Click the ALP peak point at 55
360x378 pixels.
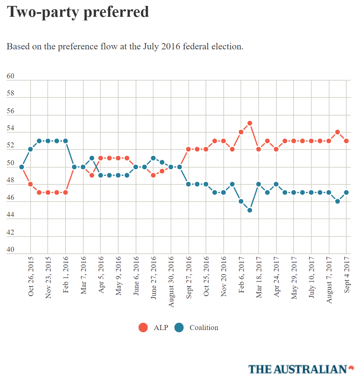point(250,123)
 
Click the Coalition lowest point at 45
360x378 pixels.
point(250,210)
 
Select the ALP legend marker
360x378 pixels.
point(143,328)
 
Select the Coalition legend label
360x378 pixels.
point(204,328)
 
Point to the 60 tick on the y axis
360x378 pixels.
point(11,76)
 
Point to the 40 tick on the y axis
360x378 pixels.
point(11,249)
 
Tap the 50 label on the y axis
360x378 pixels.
point(11,163)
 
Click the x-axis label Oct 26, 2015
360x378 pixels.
point(31,276)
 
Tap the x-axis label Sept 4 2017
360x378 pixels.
point(347,275)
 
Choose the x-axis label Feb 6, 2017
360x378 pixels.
point(241,275)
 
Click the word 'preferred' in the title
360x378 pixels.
point(116,12)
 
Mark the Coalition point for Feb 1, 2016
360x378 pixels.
point(65,141)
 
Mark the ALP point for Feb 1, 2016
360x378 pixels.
point(65,192)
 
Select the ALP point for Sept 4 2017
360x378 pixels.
point(346,141)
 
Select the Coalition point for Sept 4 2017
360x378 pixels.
point(346,192)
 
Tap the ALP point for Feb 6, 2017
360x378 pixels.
point(241,132)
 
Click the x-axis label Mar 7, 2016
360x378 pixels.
point(83,275)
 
